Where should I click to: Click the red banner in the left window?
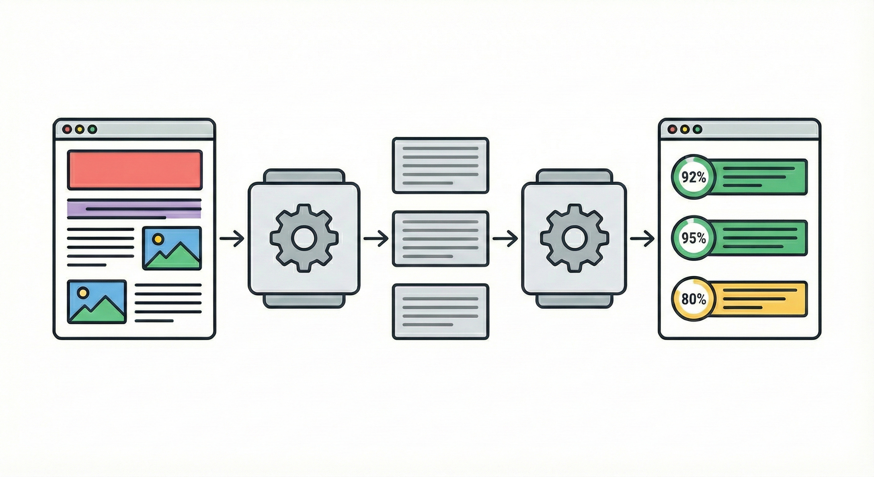pyautogui.click(x=135, y=170)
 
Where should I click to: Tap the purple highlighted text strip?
pyautogui.click(x=134, y=209)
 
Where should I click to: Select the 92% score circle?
pyautogui.click(x=693, y=177)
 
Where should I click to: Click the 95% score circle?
pyautogui.click(x=693, y=238)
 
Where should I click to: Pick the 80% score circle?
pyautogui.click(x=693, y=299)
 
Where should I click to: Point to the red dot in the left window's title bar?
pyautogui.click(x=67, y=129)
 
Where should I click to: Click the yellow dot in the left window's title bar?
pyautogui.click(x=80, y=129)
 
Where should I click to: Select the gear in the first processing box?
pyautogui.click(x=304, y=238)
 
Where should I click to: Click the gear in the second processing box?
pyautogui.click(x=574, y=238)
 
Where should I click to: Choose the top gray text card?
pyautogui.click(x=440, y=165)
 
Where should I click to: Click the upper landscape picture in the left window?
pyautogui.click(x=172, y=248)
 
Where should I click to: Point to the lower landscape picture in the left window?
pyautogui.click(x=97, y=302)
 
